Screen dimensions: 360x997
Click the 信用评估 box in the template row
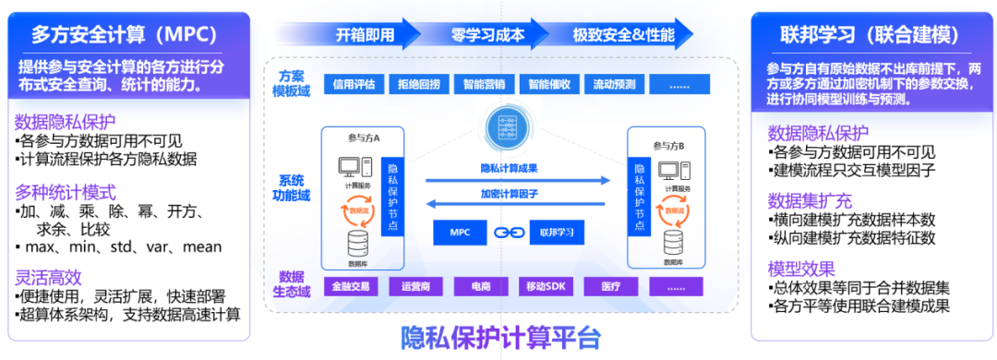(353, 83)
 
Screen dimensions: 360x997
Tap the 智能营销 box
(483, 83)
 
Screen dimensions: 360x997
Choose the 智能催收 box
(548, 83)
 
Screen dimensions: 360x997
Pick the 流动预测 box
(613, 83)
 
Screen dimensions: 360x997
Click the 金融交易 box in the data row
(353, 286)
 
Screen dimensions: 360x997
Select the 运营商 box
(417, 286)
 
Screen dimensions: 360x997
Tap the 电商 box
(483, 286)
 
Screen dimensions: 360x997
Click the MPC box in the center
(460, 232)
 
